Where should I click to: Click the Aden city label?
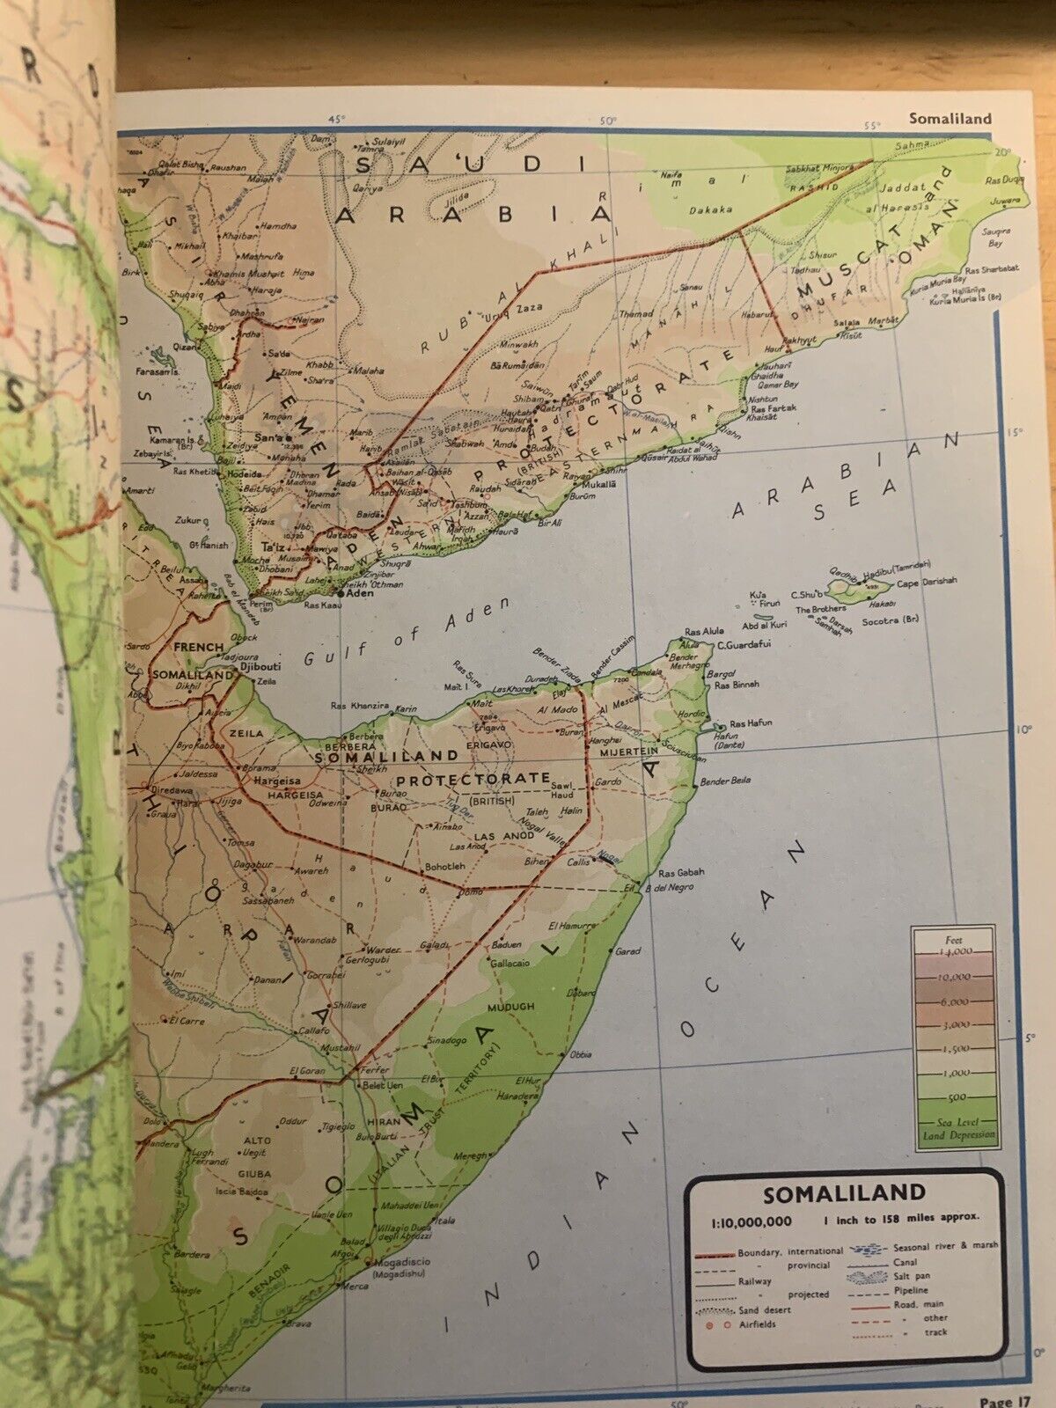pyautogui.click(x=362, y=593)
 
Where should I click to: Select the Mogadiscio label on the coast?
pyautogui.click(x=401, y=1262)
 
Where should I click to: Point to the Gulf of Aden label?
pyautogui.click(x=407, y=634)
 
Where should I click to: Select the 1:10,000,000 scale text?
pyautogui.click(x=752, y=1221)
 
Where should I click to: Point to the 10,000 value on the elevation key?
pyautogui.click(x=955, y=977)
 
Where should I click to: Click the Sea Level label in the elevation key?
pyautogui.click(x=954, y=1123)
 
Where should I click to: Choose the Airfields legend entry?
pyautogui.click(x=757, y=1324)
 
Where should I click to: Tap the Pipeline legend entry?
pyautogui.click(x=911, y=1290)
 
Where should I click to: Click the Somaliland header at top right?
pyautogui.click(x=950, y=118)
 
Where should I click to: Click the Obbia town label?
pyautogui.click(x=581, y=1053)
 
